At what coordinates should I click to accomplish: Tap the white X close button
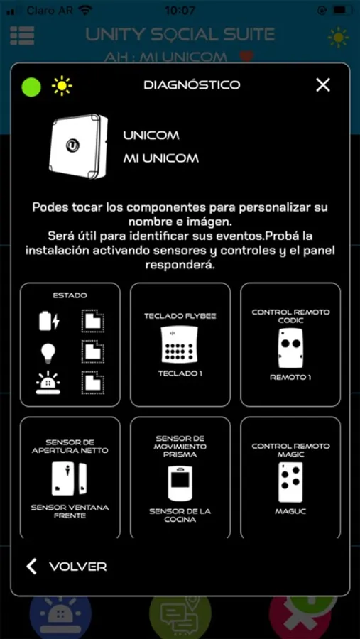pos(323,84)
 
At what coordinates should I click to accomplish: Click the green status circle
pos(31,87)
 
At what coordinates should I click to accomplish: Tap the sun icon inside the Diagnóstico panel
pos(62,87)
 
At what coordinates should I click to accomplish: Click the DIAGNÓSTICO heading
pos(192,84)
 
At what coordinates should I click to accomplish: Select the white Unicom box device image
pos(79,146)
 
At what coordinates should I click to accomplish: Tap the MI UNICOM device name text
pos(161,158)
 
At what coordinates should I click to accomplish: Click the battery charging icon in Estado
pos(49,320)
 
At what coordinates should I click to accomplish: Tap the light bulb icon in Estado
pos(48,351)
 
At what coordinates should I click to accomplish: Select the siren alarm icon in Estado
pos(48,382)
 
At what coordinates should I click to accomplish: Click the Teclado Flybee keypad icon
pos(180,344)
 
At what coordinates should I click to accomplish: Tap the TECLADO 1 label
pos(180,373)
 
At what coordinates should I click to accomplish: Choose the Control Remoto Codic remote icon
pos(290,348)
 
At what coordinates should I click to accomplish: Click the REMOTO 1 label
pos(290,378)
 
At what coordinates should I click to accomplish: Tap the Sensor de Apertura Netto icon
pos(70,479)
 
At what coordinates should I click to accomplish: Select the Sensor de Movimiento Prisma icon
pos(180,483)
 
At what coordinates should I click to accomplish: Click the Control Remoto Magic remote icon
pos(290,482)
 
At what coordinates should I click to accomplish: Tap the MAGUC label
pos(290,511)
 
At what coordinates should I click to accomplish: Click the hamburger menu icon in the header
pos(23,36)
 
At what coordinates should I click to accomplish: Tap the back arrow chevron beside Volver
pos(31,567)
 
